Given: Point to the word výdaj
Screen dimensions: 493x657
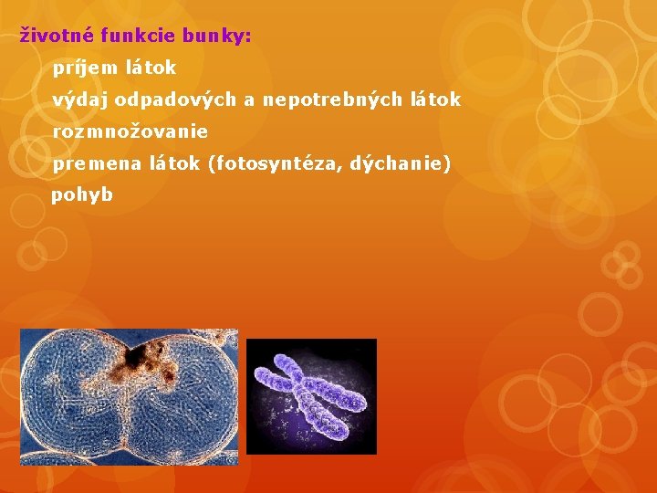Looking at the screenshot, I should click(x=80, y=100).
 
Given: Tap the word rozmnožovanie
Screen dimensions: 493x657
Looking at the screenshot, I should click(x=130, y=131).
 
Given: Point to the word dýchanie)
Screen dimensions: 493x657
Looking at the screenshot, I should click(x=402, y=164).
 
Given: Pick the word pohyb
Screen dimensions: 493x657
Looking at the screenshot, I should click(x=82, y=195).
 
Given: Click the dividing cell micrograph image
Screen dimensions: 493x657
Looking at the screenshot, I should click(x=130, y=397).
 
